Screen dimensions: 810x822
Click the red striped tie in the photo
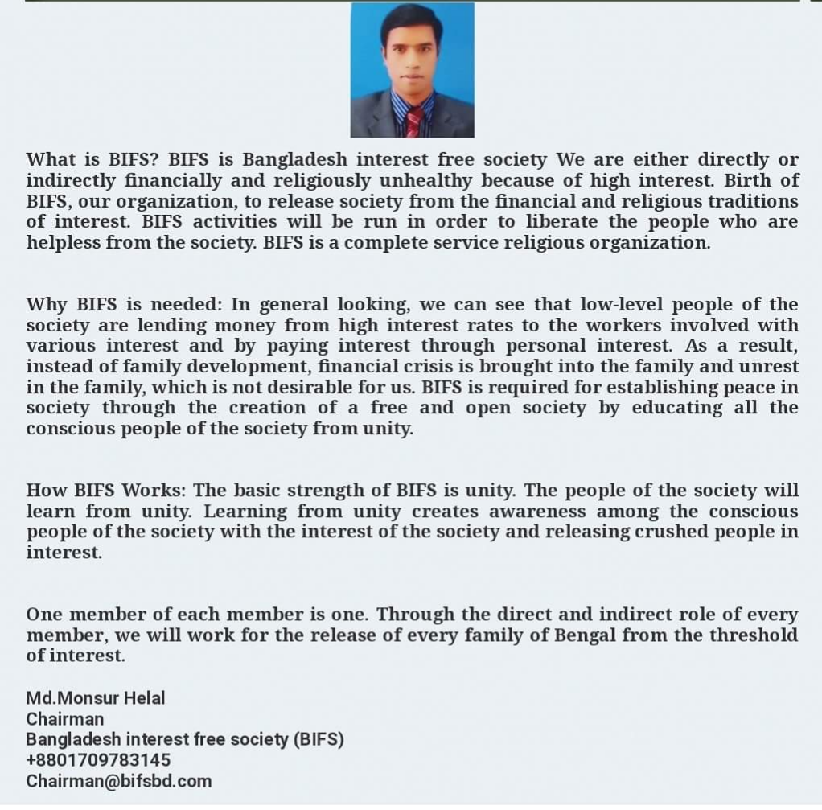(x=414, y=121)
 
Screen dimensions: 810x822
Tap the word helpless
(x=64, y=242)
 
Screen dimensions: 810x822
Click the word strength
(x=335, y=490)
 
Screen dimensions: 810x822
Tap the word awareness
(x=541, y=511)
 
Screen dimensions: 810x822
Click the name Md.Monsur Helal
(x=95, y=697)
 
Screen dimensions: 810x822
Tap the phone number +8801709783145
(x=98, y=760)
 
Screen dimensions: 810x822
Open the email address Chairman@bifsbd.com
(x=119, y=781)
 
